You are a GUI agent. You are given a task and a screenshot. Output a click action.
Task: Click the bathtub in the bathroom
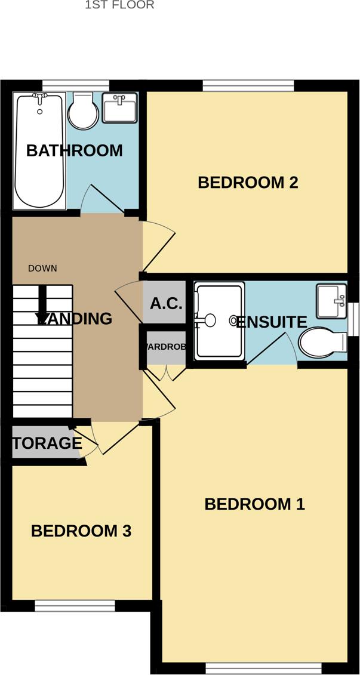39,150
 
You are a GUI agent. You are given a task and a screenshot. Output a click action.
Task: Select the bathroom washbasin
119,107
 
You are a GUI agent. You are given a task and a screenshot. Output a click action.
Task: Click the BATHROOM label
75,150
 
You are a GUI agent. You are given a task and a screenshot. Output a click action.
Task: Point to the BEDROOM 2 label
248,182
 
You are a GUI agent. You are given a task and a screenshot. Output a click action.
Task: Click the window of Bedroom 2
248,87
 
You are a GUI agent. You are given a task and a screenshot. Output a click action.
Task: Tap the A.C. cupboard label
165,303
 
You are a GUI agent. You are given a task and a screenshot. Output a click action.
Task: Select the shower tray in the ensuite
220,321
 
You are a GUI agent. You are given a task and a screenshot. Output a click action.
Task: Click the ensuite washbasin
331,301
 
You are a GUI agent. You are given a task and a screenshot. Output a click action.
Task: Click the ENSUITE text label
272,322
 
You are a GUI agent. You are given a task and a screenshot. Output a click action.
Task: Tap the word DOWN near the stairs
42,269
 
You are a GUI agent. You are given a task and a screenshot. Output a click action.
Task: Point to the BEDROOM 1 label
254,504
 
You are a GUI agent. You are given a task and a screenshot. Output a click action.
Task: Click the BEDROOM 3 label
81,531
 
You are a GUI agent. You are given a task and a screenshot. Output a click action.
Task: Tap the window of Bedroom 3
75,606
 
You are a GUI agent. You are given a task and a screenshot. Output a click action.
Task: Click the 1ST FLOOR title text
119,5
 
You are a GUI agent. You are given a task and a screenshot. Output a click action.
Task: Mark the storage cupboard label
47,443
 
